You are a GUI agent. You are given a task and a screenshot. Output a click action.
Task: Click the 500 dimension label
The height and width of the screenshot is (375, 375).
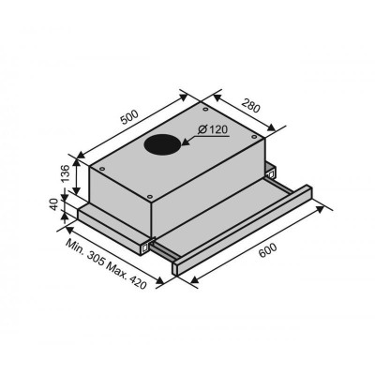[129, 117]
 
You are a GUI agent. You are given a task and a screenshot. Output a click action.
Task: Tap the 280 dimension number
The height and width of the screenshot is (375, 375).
[250, 106]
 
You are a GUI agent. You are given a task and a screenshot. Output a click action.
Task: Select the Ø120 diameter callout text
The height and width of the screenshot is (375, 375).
[213, 129]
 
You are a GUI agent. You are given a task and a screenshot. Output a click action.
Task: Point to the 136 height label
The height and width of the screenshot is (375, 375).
[64, 173]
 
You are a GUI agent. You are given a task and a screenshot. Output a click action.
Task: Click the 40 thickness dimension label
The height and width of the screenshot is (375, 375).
[54, 204]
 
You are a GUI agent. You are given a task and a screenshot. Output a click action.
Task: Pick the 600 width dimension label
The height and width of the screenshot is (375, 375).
[268, 250]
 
